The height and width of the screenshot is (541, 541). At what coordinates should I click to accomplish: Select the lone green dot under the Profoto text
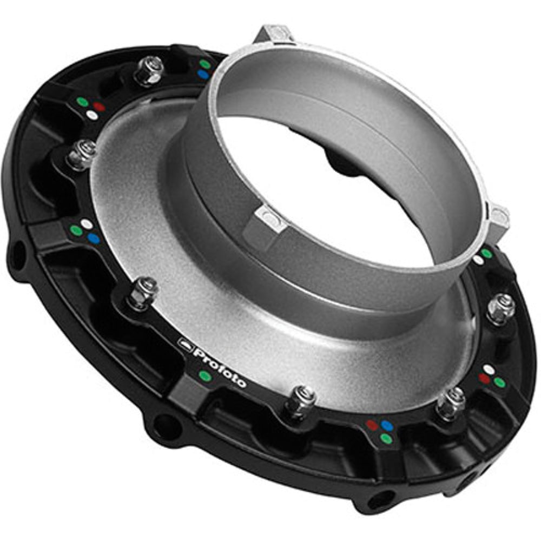click(x=204, y=375)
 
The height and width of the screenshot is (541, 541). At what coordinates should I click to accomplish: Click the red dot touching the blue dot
click(x=372, y=425)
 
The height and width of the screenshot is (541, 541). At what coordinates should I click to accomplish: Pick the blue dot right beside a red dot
click(x=386, y=426)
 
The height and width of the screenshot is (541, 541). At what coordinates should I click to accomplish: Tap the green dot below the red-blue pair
click(x=385, y=438)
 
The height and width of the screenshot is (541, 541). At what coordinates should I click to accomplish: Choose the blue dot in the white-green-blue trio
click(x=94, y=237)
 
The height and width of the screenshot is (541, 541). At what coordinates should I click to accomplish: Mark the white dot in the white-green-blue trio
click(x=87, y=223)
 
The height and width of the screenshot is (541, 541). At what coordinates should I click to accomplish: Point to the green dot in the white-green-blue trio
click(x=76, y=231)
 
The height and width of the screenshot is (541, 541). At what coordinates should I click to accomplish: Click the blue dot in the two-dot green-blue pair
click(x=203, y=74)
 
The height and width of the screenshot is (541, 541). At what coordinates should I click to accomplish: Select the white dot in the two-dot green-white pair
click(x=478, y=260)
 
